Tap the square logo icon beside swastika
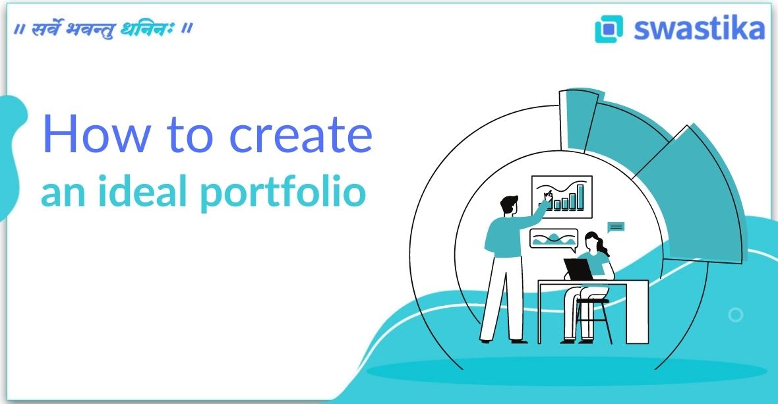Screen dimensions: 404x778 (x=609, y=29)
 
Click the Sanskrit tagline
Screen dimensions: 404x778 (x=102, y=30)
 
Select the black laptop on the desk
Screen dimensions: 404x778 (x=578, y=269)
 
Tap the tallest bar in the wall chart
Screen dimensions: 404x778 (x=581, y=196)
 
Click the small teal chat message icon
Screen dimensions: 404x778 (x=616, y=227)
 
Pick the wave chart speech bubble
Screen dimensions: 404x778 (x=553, y=239)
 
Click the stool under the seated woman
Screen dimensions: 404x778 (x=593, y=320)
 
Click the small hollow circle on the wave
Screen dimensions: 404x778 (x=736, y=315)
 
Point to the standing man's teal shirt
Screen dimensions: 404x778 (x=506, y=234)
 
